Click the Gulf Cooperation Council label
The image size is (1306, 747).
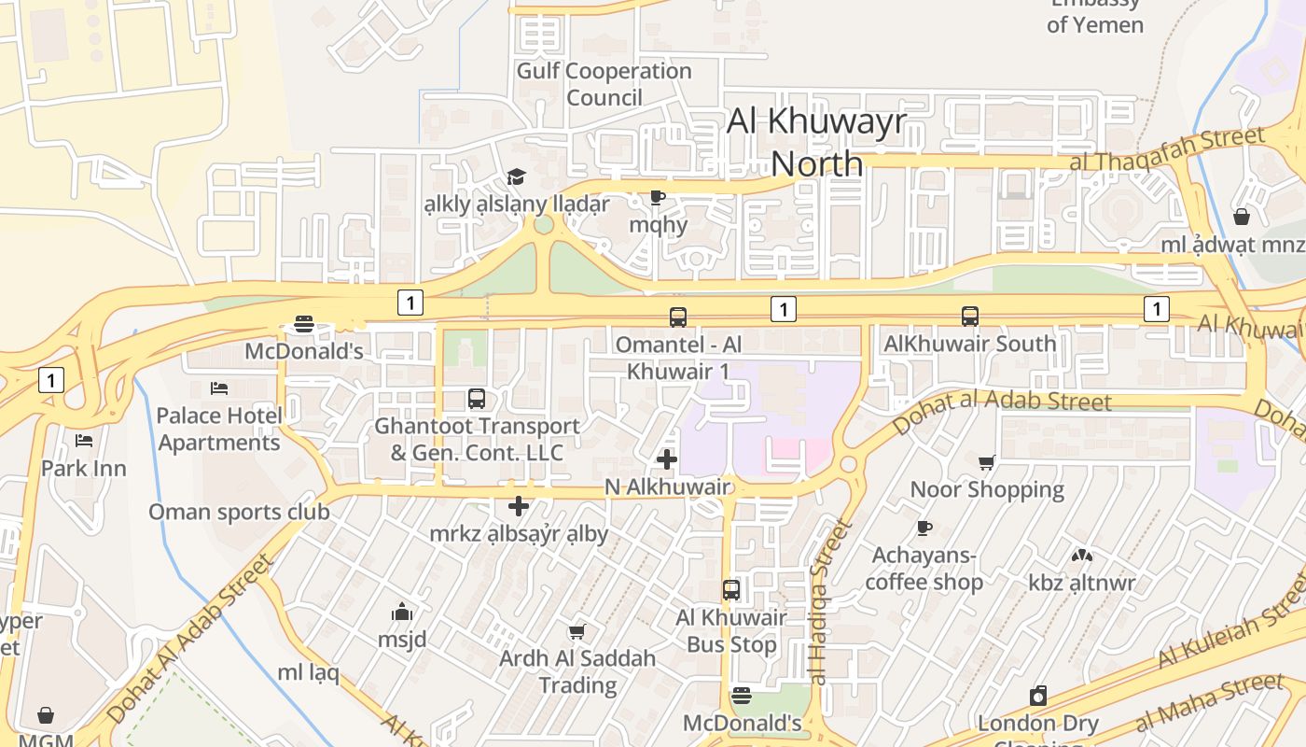[x=604, y=84]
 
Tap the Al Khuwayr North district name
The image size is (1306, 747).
[x=817, y=142]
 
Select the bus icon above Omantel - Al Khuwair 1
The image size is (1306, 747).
[x=678, y=317]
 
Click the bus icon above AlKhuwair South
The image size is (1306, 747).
[x=970, y=317]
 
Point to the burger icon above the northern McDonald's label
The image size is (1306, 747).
[x=304, y=325]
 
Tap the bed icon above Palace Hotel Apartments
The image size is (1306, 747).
[x=219, y=388]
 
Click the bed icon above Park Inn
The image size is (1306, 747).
[x=84, y=440]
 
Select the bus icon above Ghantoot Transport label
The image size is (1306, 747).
[x=477, y=399]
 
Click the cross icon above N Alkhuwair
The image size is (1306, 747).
[x=667, y=459]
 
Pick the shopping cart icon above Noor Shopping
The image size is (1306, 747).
[x=987, y=462]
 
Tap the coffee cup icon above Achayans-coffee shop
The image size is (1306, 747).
[x=924, y=529]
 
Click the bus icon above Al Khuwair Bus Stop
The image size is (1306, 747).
[x=731, y=590]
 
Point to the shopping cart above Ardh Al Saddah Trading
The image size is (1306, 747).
[x=577, y=632]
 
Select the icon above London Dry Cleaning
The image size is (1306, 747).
[x=1038, y=696]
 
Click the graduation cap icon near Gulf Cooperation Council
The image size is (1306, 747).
[x=516, y=176]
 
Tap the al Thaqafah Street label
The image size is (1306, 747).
[x=1167, y=149]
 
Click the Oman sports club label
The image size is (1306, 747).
[x=239, y=512]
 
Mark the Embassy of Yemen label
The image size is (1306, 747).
[x=1095, y=16]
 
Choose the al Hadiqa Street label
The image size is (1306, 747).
[x=830, y=602]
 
